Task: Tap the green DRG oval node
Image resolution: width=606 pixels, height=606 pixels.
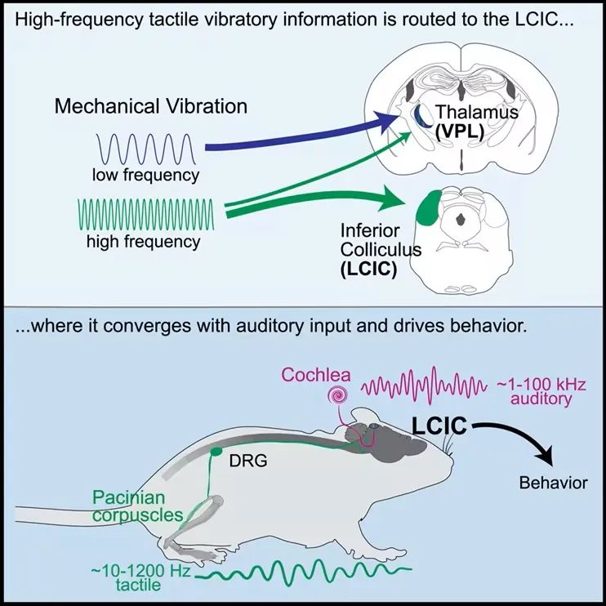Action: pyautogui.click(x=216, y=452)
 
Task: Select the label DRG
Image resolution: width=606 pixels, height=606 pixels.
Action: pyautogui.click(x=248, y=461)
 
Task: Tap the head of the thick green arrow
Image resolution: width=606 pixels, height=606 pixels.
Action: pyautogui.click(x=391, y=198)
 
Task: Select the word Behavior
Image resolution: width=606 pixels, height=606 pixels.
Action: pyautogui.click(x=554, y=483)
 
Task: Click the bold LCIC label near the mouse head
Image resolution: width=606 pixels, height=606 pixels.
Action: pyautogui.click(x=439, y=426)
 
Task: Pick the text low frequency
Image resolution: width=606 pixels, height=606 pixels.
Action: pyautogui.click(x=145, y=175)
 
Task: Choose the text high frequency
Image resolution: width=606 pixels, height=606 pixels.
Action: pyautogui.click(x=144, y=242)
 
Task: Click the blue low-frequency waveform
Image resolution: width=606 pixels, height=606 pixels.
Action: pyautogui.click(x=145, y=149)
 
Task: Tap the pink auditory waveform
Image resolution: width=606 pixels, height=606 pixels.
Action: pyautogui.click(x=423, y=385)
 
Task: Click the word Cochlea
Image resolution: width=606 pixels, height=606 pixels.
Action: pyautogui.click(x=316, y=375)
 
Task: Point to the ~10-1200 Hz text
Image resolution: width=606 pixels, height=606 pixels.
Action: pyautogui.click(x=141, y=571)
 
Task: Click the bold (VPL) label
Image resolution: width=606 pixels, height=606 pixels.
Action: pyautogui.click(x=460, y=131)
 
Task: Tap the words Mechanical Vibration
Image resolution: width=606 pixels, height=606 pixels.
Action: pyautogui.click(x=151, y=106)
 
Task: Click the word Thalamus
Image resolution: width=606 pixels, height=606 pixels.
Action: pyautogui.click(x=477, y=112)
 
